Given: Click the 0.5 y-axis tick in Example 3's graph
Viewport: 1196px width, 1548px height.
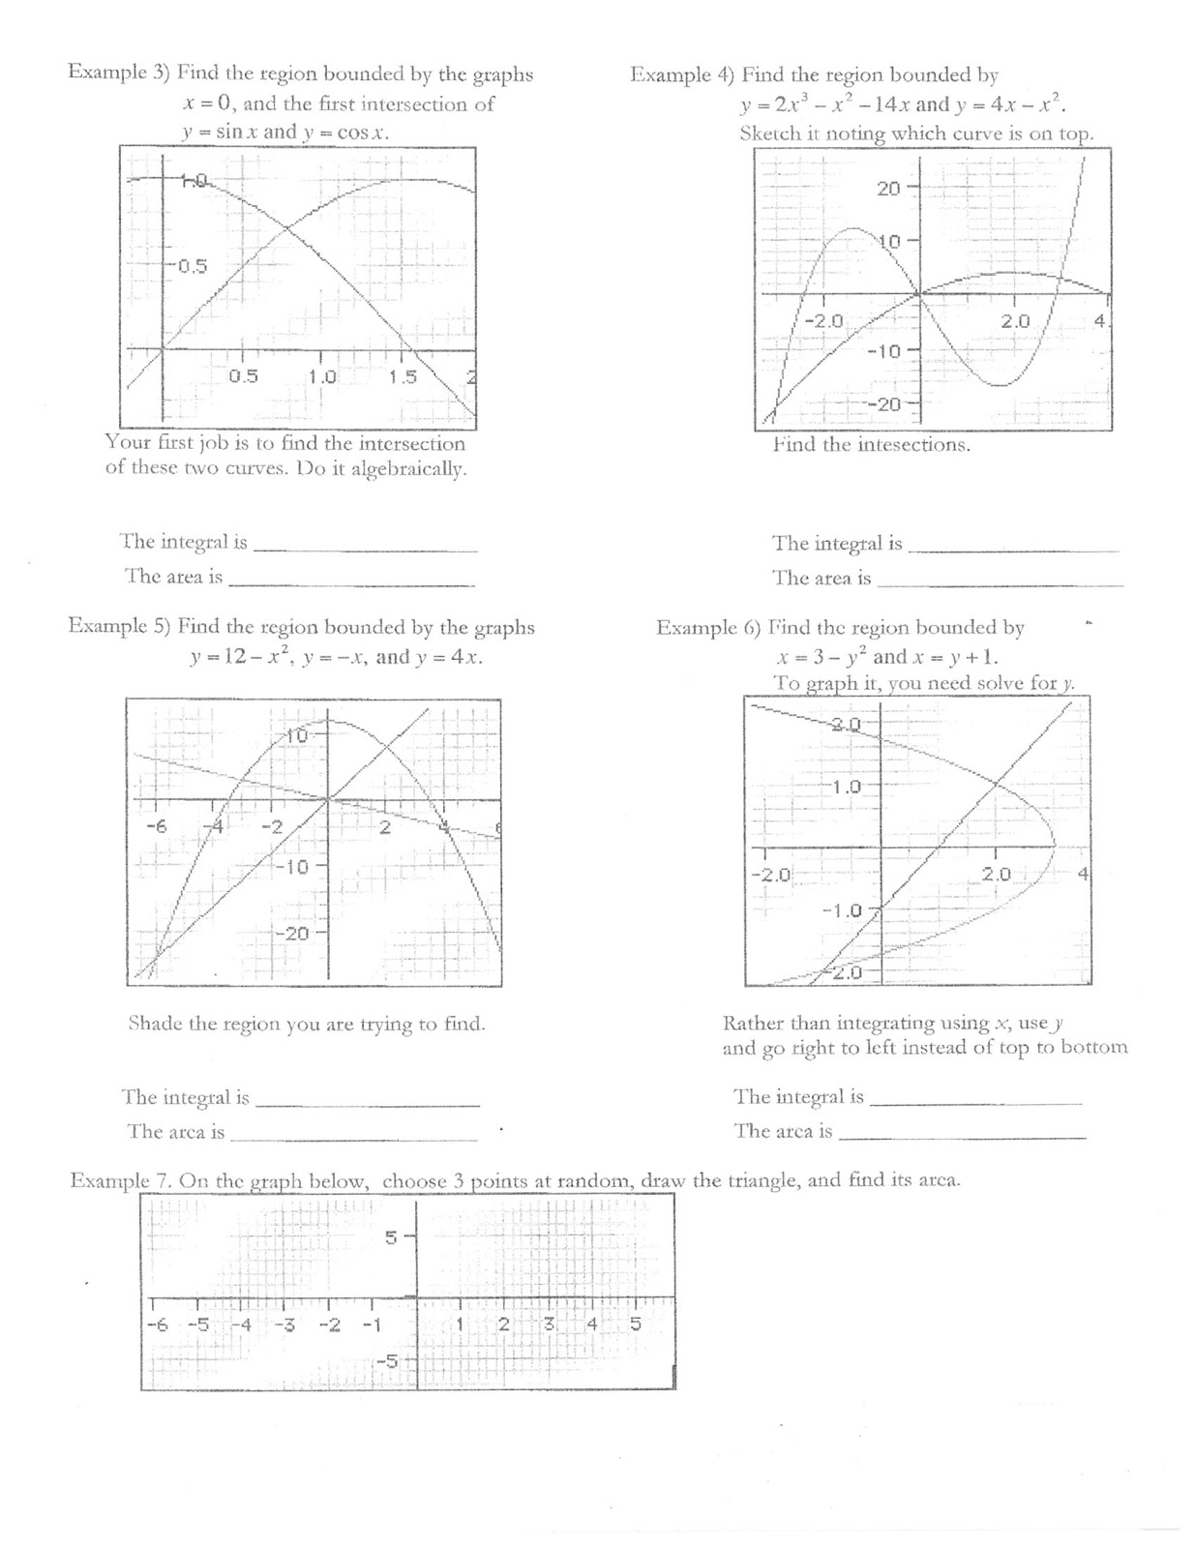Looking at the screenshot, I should pos(192,266).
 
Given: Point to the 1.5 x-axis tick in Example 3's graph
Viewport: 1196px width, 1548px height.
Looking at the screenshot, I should pos(403,376).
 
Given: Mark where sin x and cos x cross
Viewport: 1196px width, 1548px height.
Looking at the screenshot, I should pos(287,229).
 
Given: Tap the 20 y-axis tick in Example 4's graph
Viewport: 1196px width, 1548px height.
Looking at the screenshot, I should pos(888,189).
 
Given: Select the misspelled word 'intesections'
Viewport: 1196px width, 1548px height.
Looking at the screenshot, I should pos(912,445).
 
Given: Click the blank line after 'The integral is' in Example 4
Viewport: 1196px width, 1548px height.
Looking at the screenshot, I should pos(1013,550).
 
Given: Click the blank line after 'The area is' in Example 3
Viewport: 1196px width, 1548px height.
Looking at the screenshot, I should pos(351,583).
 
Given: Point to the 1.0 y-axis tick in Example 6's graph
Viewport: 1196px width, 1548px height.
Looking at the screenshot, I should pos(847,787).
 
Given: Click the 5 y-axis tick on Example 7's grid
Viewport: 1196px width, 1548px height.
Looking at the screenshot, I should pos(391,1236).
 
